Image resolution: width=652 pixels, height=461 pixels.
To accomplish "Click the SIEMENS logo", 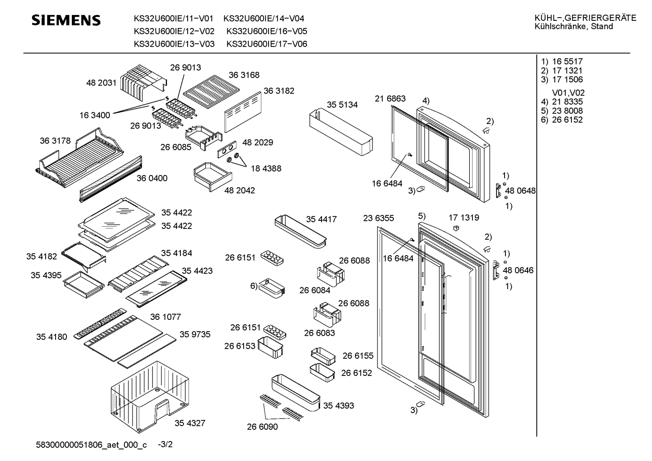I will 66,20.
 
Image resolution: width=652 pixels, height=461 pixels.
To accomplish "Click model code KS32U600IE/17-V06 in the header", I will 267,44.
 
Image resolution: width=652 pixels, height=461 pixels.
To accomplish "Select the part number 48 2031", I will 101,83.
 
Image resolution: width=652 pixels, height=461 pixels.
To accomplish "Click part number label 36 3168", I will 244,75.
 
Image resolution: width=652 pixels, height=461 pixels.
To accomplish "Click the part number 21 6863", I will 390,99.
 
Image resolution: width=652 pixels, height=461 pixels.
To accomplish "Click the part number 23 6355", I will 378,218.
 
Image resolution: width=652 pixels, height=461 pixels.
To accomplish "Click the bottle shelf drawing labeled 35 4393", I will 295,392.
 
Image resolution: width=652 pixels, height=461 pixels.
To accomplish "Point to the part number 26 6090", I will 262,427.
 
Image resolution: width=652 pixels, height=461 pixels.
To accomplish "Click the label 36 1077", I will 165,317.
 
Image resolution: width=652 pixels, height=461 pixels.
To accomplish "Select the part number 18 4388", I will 266,168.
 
